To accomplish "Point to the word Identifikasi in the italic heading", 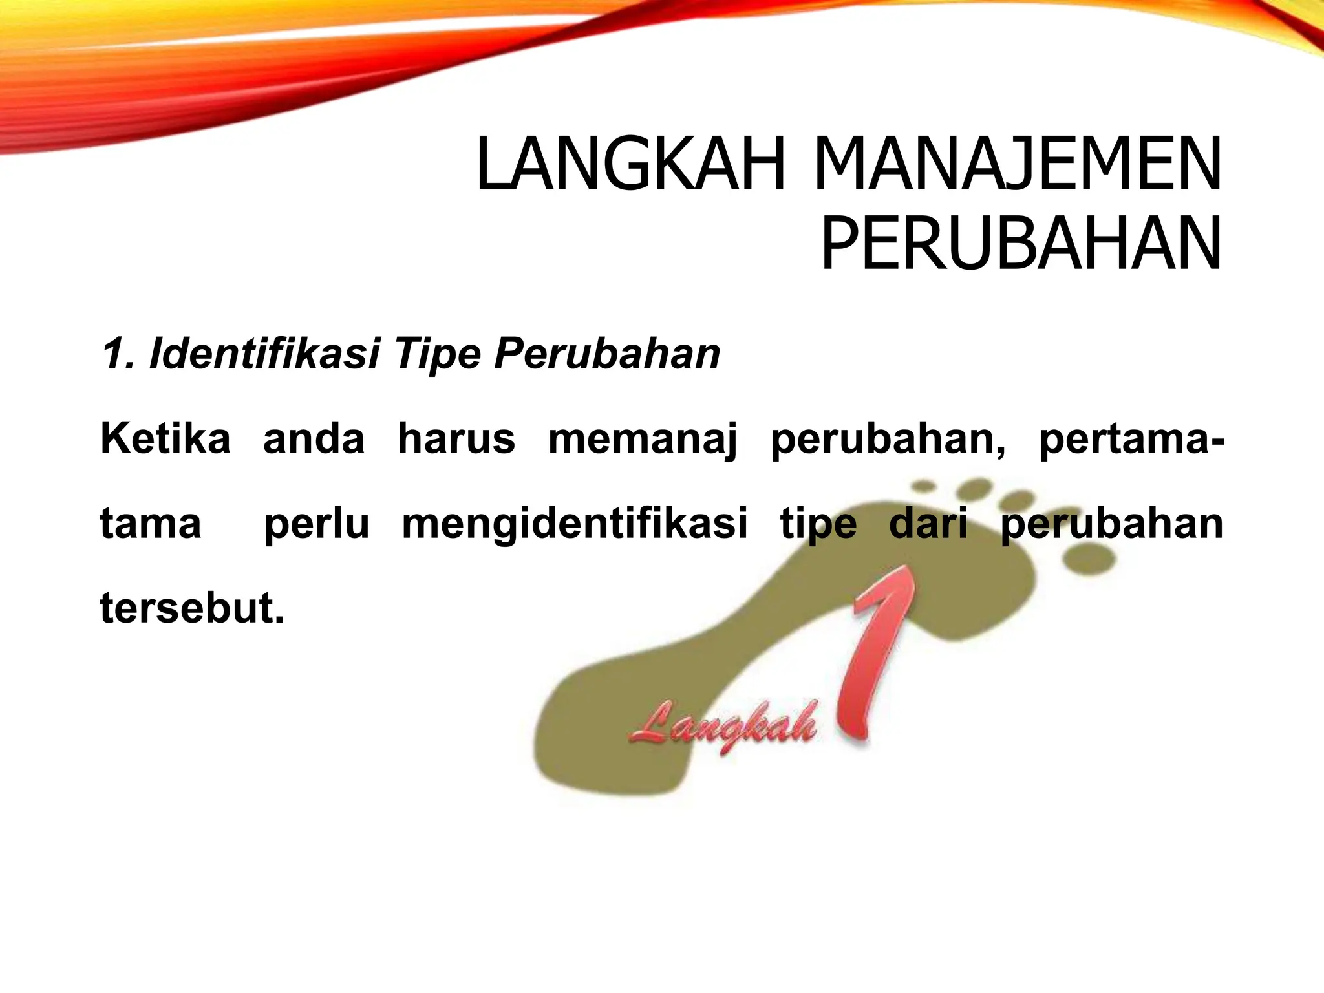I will pyautogui.click(x=263, y=354).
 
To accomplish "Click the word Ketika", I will pyautogui.click(x=165, y=439).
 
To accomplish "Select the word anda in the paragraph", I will pyautogui.click(x=314, y=439).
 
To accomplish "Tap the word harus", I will pyautogui.click(x=456, y=439).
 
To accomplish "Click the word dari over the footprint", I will pyautogui.click(x=928, y=524).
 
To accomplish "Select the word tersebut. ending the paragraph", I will pyautogui.click(x=192, y=608).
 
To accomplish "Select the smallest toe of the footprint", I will pyautogui.click(x=923, y=485).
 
